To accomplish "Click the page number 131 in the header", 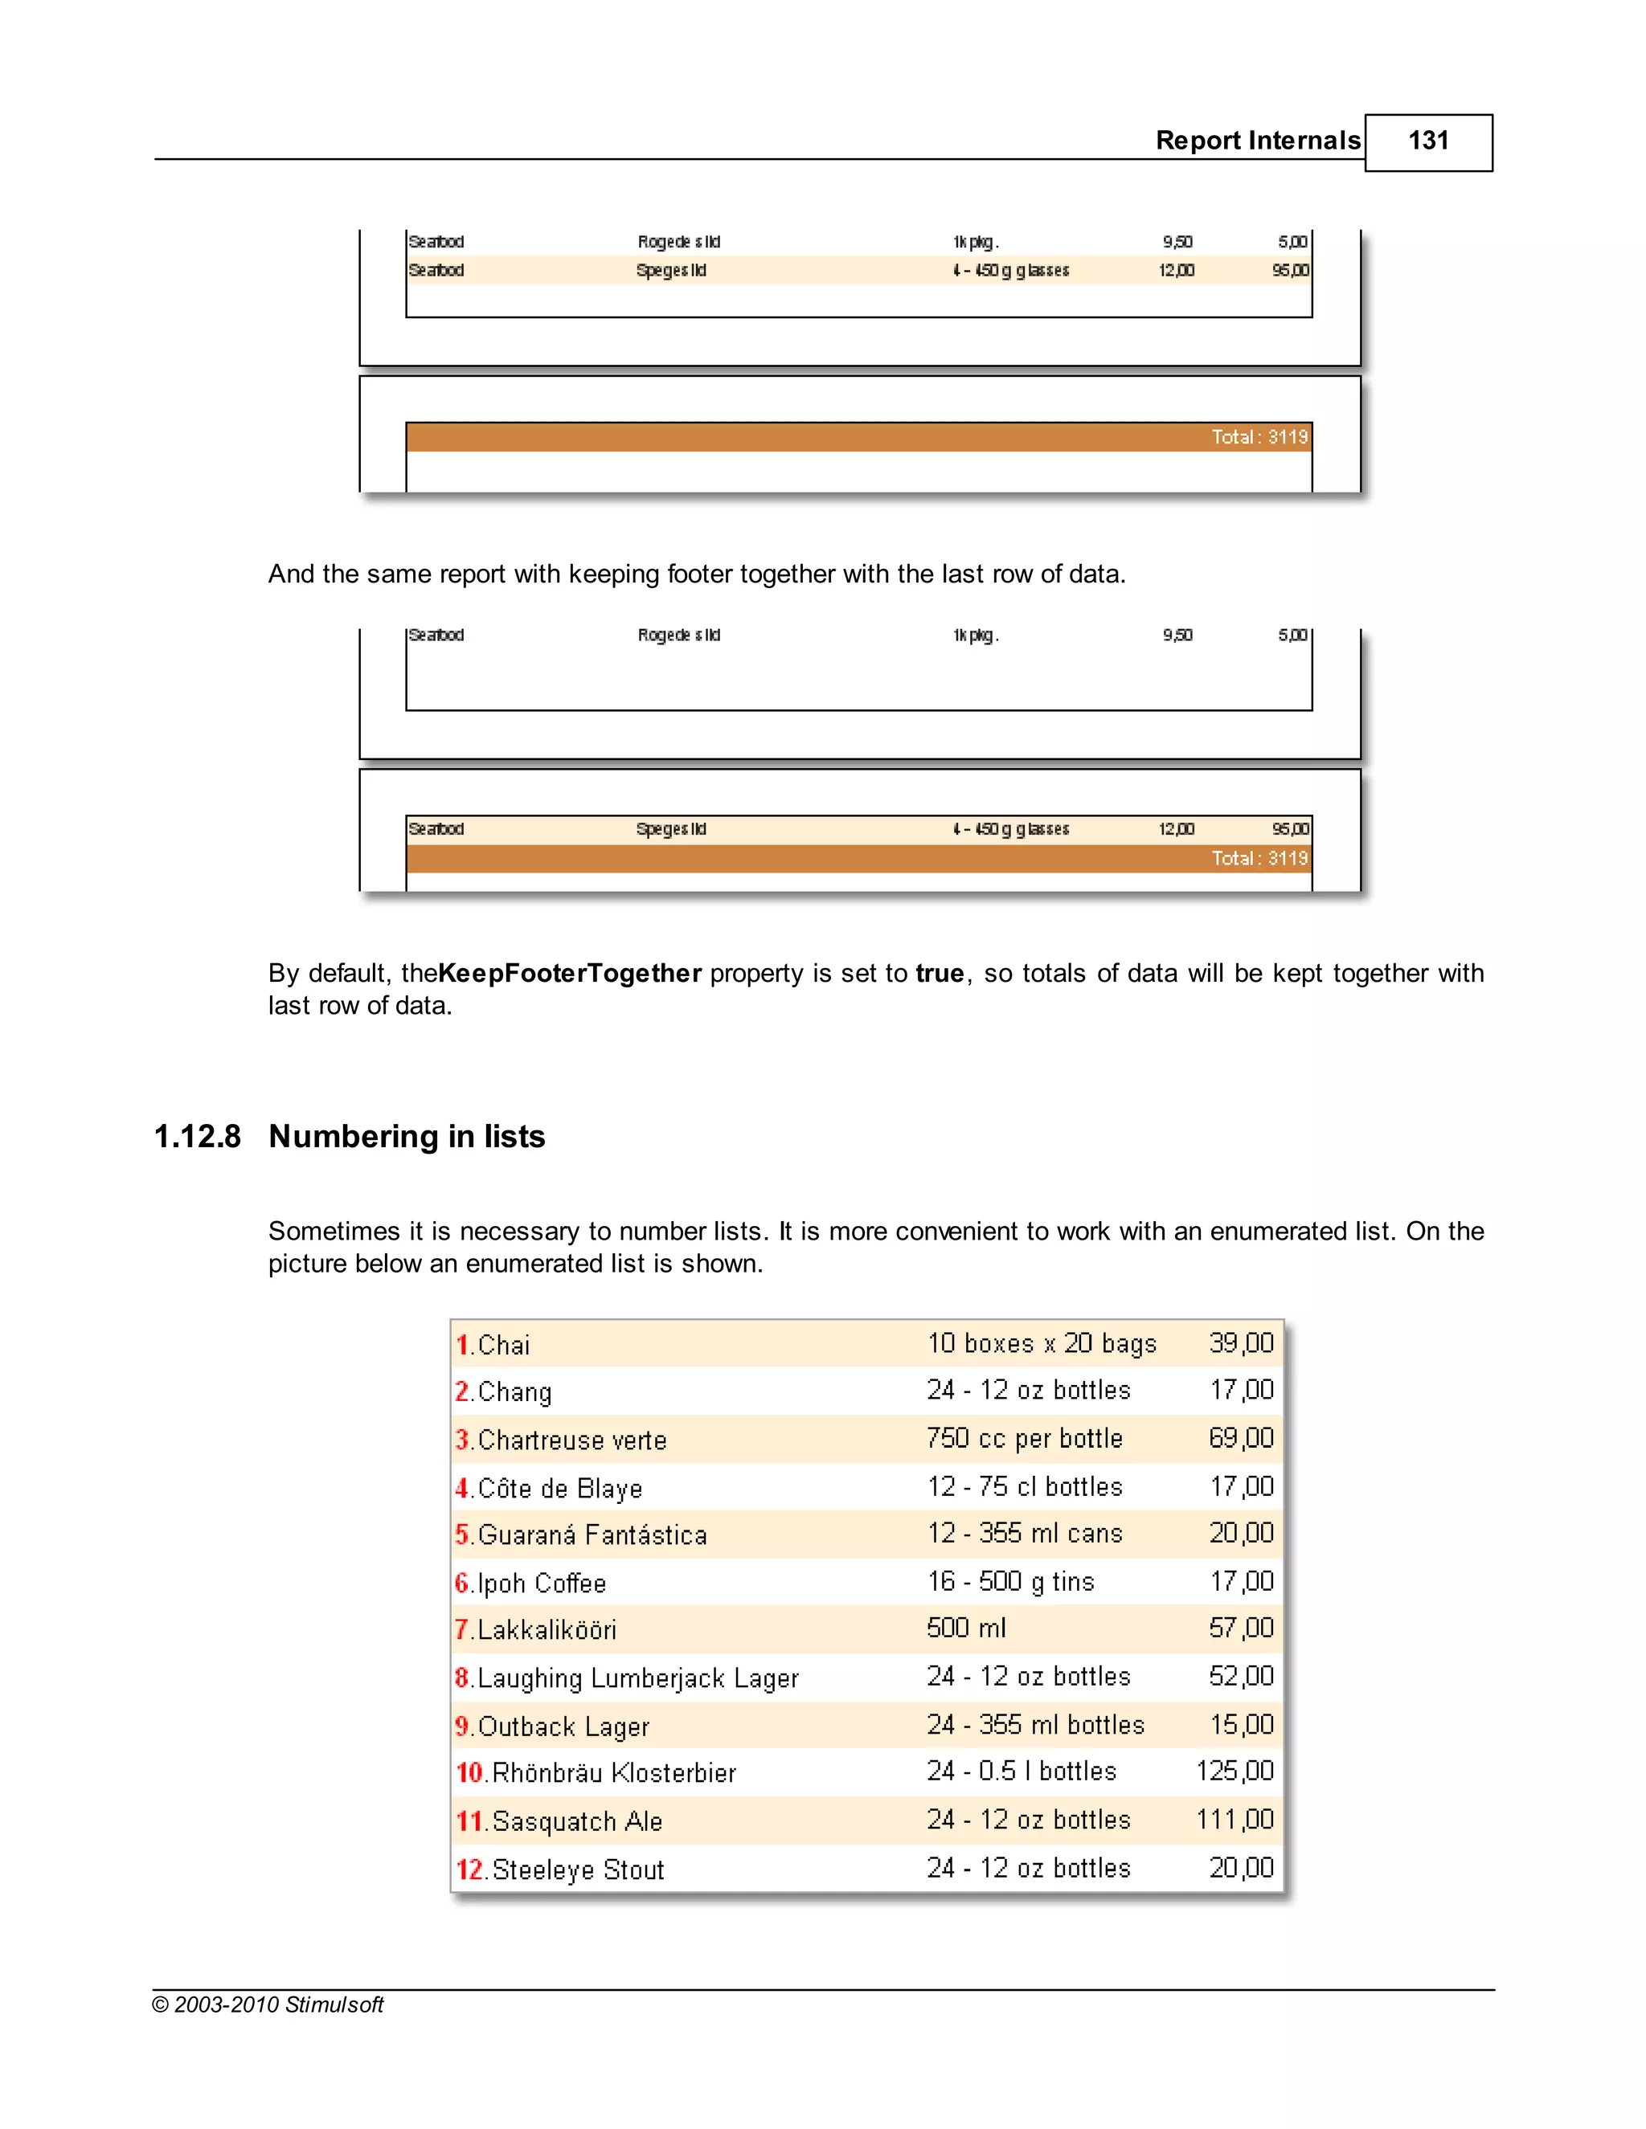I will [1427, 141].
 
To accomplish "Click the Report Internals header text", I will [1257, 141].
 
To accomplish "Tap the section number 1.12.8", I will [197, 1137].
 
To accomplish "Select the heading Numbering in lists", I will [407, 1137].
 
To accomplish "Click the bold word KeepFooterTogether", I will [570, 973].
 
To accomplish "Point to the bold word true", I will [939, 973].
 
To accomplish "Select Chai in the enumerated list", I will [504, 1345].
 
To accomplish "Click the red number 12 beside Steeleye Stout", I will [469, 1869].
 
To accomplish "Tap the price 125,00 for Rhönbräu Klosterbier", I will [1234, 1771].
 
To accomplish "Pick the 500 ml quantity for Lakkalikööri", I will [965, 1628].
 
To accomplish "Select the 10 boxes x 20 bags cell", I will [1042, 1343].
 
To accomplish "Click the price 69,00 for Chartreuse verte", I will [1240, 1438].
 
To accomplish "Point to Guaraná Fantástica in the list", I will [592, 1534].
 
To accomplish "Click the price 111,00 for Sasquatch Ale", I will [1234, 1819].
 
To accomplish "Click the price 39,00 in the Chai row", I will [1240, 1343].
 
